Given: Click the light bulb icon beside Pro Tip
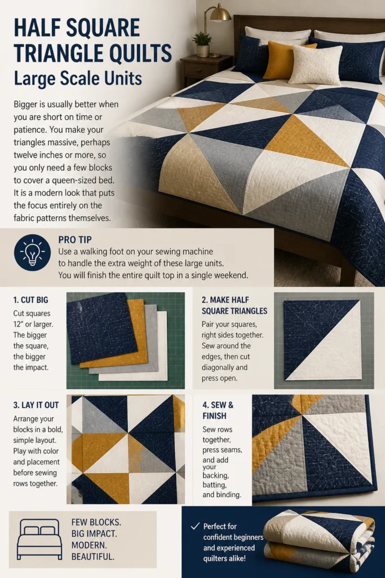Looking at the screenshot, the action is [x=32, y=252].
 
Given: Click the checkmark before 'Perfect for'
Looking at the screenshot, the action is [x=195, y=526].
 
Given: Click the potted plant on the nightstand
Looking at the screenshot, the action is [x=202, y=44].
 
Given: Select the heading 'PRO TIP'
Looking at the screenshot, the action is [x=75, y=239].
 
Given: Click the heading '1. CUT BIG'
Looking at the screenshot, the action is [x=30, y=300].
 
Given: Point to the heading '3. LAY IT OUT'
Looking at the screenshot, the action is [x=36, y=405].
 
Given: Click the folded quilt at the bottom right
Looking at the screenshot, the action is [x=320, y=539].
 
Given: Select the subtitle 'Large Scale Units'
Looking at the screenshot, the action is [x=78, y=78].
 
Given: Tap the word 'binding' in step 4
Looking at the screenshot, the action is [x=222, y=494].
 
